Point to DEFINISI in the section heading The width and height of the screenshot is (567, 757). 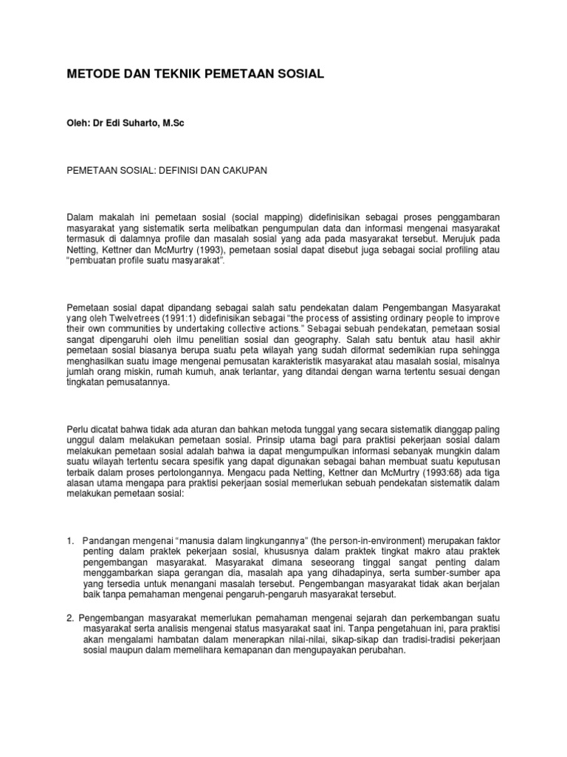click(x=173, y=170)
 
